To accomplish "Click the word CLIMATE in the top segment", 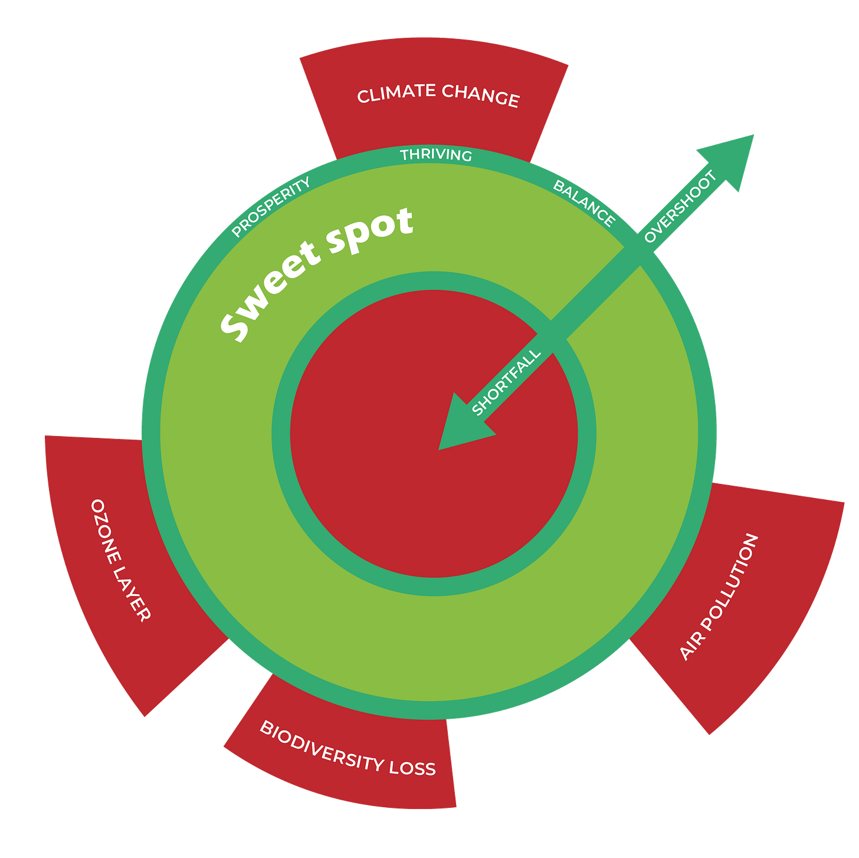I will (396, 93).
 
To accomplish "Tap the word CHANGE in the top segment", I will (480, 96).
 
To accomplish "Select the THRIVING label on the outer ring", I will (436, 155).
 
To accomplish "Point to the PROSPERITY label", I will (271, 207).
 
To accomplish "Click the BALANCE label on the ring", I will (584, 203).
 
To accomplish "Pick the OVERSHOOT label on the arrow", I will (680, 206).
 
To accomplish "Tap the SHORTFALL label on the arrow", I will (506, 382).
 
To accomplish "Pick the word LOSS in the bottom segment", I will (412, 767).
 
